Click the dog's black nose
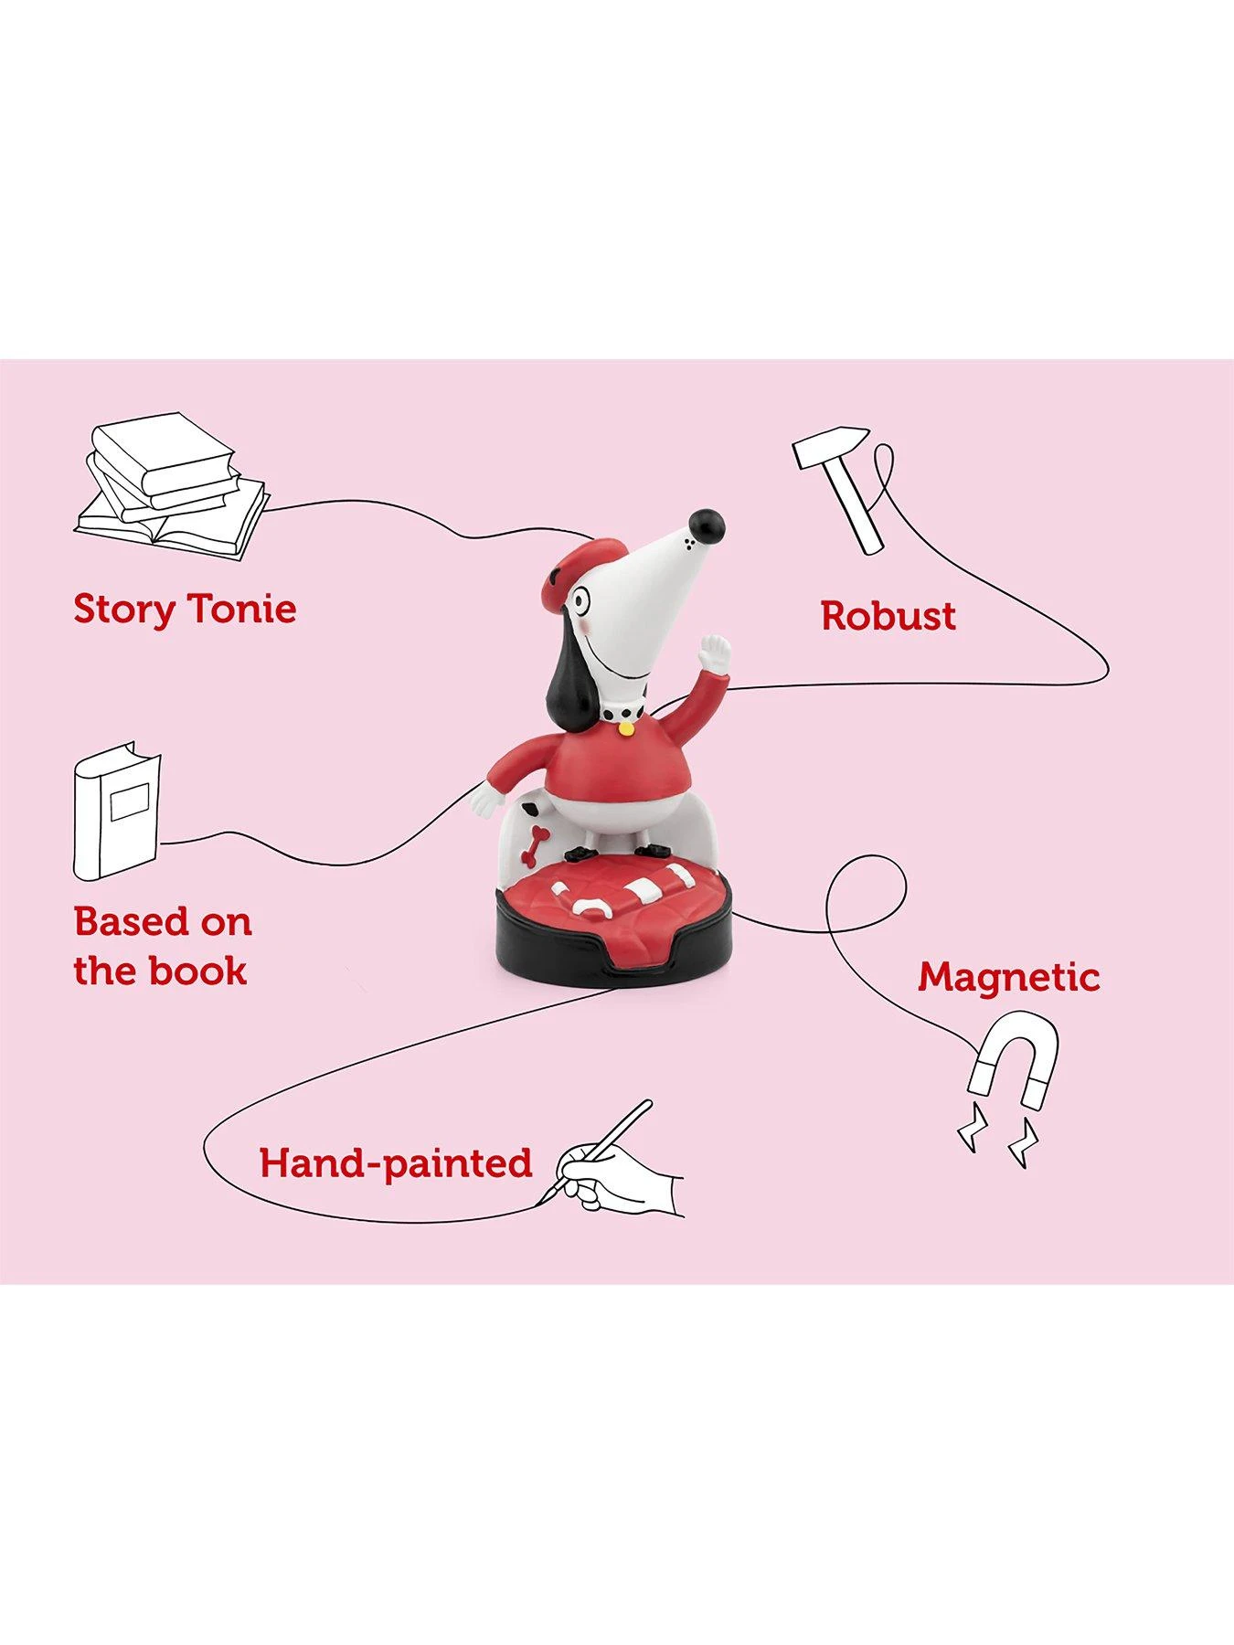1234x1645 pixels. (707, 525)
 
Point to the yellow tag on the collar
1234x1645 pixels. (626, 729)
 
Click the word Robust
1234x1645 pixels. (888, 616)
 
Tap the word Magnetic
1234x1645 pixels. (1008, 977)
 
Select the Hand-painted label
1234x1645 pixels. (395, 1163)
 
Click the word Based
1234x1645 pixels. (133, 921)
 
